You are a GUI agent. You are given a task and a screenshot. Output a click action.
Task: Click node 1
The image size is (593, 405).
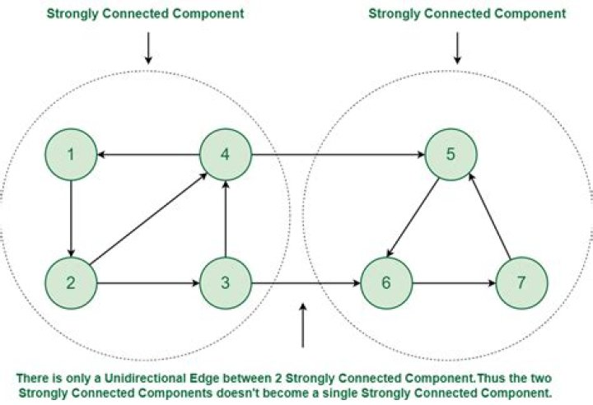[x=72, y=155]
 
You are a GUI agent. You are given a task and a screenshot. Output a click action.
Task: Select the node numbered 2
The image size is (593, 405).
[x=72, y=284]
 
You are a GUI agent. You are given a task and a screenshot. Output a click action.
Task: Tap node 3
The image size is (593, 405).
[x=226, y=284]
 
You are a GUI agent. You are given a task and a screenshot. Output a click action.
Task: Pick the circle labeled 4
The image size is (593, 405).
[x=226, y=155]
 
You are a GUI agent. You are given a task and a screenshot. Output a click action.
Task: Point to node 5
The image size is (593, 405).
[x=450, y=155]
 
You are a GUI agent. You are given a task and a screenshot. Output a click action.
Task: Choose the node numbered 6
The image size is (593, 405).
[x=385, y=284]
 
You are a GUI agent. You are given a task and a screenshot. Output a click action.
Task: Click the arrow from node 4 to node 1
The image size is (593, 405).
[x=148, y=155]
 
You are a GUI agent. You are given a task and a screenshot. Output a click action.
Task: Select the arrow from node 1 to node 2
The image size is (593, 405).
[x=72, y=219]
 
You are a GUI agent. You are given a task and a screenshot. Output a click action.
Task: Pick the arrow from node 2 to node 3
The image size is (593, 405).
[x=148, y=284]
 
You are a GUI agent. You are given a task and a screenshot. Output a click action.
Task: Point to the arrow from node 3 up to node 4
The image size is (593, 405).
[x=226, y=219]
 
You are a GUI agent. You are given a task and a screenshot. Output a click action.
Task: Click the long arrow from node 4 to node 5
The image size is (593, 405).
[x=338, y=155]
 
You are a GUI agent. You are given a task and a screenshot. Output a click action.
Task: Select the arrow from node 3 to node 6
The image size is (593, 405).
[x=306, y=284]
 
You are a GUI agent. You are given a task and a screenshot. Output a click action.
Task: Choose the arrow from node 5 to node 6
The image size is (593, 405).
[x=418, y=218]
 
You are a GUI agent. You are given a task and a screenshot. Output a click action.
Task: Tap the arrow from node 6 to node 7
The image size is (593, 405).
[x=454, y=284]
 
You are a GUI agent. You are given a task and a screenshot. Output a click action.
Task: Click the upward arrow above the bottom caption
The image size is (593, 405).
[x=304, y=325]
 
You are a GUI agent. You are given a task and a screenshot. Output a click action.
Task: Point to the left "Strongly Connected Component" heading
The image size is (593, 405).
[x=146, y=14]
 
